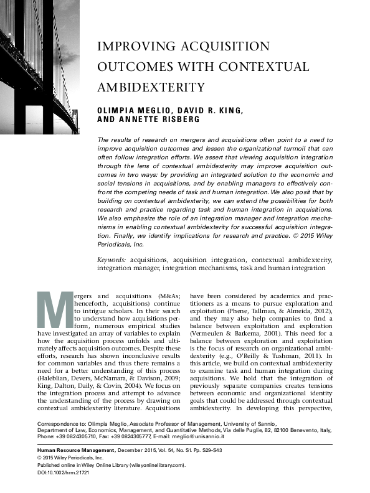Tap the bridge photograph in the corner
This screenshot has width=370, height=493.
[41, 62]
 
